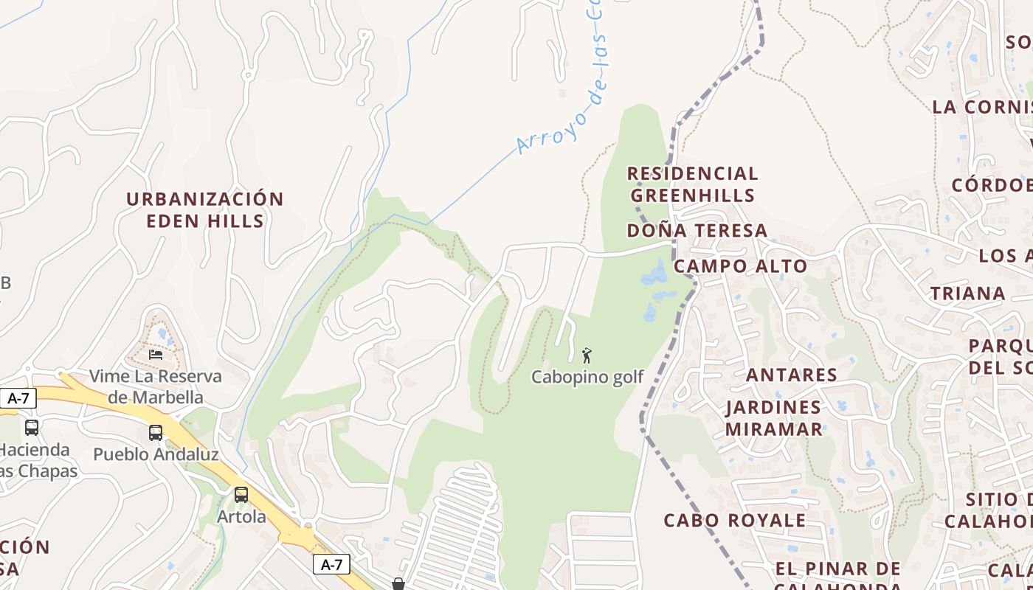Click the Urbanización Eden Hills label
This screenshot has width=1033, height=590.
[x=204, y=210]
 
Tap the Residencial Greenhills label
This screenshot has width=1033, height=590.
[x=692, y=184]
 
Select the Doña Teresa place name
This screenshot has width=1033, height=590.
[x=697, y=231]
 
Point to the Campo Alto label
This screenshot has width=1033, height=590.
[x=740, y=266]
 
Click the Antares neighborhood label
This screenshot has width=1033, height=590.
[x=791, y=375]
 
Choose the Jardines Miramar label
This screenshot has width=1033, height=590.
[x=773, y=418]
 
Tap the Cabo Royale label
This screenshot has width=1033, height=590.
[x=734, y=520]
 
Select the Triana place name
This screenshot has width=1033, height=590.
[x=967, y=294]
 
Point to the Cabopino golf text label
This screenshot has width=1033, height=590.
[x=587, y=377]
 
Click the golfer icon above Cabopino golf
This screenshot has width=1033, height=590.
[x=587, y=355]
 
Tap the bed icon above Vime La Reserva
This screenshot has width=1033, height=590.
[x=155, y=355]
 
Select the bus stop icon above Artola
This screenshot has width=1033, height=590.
[x=241, y=495]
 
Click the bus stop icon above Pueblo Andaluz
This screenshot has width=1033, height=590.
[x=156, y=433]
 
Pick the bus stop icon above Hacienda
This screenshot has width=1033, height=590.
[x=32, y=428]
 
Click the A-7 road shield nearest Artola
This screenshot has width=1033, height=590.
[x=331, y=565]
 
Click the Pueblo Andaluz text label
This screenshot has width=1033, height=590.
[x=156, y=454]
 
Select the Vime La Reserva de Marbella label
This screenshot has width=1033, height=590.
[x=155, y=386]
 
